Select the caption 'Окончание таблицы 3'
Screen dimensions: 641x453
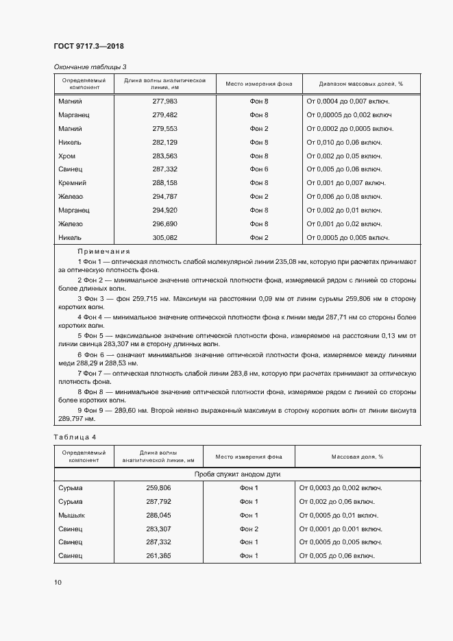pyautogui.click(x=90, y=66)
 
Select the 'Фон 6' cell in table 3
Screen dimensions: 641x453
pyautogui.click(x=259, y=169)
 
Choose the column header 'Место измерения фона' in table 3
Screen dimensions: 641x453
pyautogui.click(x=259, y=84)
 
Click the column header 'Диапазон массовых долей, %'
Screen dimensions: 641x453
pyautogui.click(x=360, y=84)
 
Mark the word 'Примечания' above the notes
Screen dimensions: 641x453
pyautogui.click(x=103, y=252)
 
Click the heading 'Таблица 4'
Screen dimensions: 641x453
pyautogui.click(x=75, y=437)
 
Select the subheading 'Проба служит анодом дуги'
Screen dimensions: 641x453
pyautogui.click(x=237, y=474)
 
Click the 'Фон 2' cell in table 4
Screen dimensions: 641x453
pyautogui.click(x=249, y=529)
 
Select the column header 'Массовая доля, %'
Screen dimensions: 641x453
pyautogui.click(x=357, y=456)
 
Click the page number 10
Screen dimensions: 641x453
pyautogui.click(x=58, y=583)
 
